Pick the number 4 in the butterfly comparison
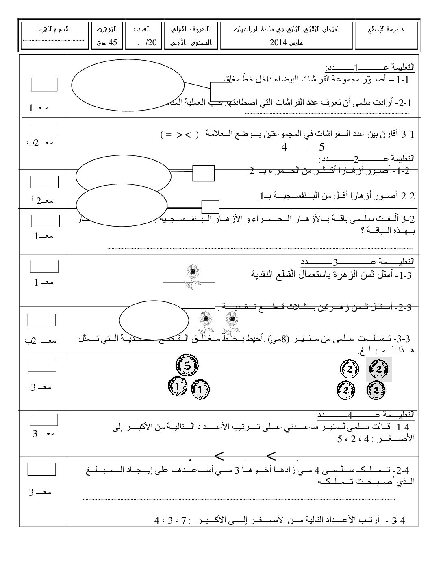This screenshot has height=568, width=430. tap(284, 147)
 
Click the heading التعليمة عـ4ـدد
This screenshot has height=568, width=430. tap(365, 415)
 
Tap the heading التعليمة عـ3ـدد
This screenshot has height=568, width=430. tap(358, 261)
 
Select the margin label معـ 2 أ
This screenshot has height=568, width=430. tap(43, 200)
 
